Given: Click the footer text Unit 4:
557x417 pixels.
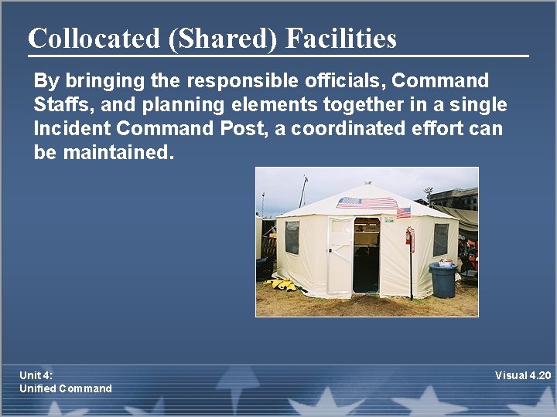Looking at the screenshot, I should tap(36, 375).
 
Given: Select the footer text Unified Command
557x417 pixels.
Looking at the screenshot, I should tap(66, 388).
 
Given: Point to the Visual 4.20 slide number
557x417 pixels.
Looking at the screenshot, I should tap(523, 375).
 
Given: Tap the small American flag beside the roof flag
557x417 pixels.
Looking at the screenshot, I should tap(403, 212).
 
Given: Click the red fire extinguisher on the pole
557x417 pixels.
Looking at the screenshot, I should tap(409, 239).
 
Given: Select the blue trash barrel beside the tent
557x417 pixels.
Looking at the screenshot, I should tap(443, 280).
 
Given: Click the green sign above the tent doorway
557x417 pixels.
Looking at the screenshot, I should tap(388, 220).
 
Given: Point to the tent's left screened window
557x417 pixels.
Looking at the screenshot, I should tap(292, 237).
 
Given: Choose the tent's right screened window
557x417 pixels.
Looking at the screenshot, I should tap(440, 239).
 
